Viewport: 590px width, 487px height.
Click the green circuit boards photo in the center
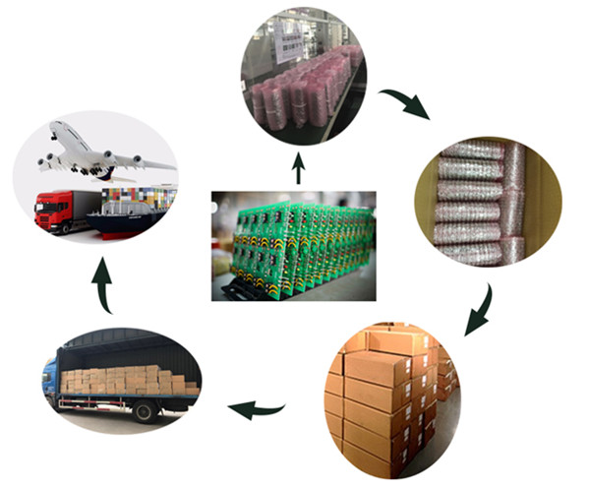[x=293, y=245]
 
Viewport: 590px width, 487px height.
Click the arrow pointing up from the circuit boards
[x=298, y=170]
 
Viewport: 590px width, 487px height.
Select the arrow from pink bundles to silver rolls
[x=404, y=103]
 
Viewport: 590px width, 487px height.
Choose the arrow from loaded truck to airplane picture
[x=103, y=286]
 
